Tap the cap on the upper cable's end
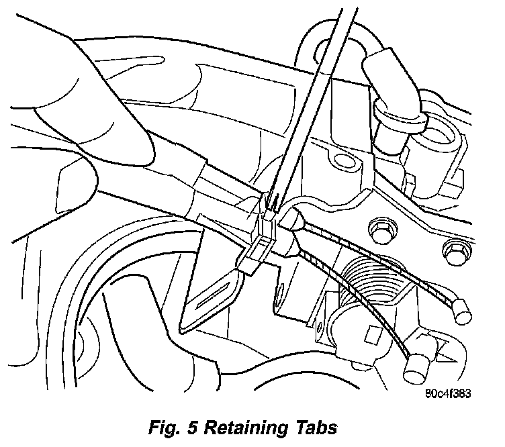click(460, 308)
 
